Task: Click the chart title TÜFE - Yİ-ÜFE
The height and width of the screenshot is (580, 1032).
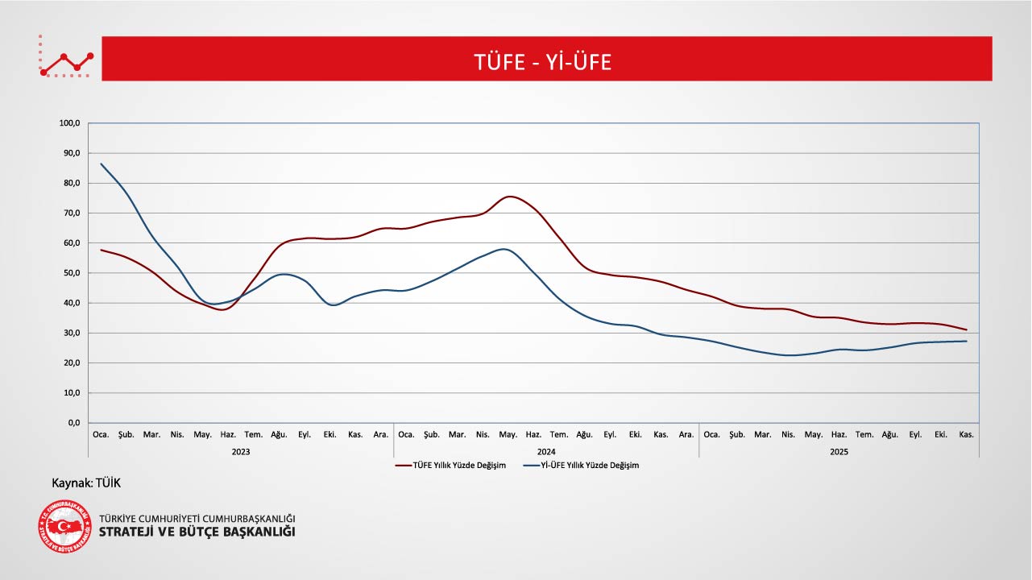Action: coord(543,62)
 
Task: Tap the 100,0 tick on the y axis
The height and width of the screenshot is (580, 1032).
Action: coord(70,123)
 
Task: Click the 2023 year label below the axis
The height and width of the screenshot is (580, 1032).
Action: coord(240,452)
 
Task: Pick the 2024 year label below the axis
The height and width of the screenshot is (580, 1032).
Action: coord(546,452)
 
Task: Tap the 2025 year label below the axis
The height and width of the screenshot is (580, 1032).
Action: coord(839,452)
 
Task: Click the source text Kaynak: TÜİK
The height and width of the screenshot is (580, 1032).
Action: coord(86,483)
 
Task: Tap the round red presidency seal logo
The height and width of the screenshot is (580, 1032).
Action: coord(64,527)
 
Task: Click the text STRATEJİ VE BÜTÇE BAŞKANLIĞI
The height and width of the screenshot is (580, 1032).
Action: coord(197,532)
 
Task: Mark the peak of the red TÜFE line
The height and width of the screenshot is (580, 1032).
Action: coord(510,197)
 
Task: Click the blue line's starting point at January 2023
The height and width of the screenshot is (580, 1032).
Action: coord(101,164)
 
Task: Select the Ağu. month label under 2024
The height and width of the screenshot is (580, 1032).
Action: coord(584,435)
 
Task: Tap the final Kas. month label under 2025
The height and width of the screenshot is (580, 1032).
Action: coord(966,435)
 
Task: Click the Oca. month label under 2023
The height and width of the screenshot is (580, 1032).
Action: coord(101,435)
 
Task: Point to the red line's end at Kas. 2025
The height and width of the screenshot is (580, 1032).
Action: coord(966,329)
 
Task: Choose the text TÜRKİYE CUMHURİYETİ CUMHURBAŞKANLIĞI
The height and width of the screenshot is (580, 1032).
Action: coord(197,518)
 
